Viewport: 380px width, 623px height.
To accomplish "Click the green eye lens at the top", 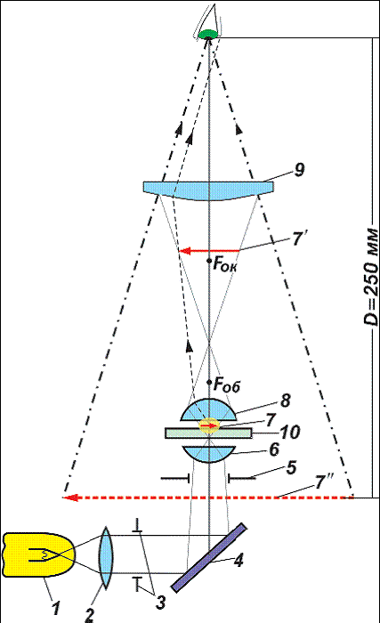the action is [x=208, y=34].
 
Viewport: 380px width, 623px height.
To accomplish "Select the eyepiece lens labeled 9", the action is [x=208, y=190].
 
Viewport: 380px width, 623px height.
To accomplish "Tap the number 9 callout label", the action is [x=299, y=170].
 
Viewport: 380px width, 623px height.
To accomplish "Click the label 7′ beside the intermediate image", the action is [x=298, y=239].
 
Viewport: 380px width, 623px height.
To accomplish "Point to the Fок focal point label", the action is [x=225, y=264].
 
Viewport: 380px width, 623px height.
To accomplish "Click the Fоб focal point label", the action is [x=227, y=385].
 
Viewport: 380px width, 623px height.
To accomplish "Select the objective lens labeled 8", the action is [x=208, y=409].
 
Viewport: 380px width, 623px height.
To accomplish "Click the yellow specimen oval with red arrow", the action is [x=209, y=425].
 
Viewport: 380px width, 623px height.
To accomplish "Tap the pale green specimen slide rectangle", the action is [x=208, y=433].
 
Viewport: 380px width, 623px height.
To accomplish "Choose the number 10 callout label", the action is [x=290, y=433].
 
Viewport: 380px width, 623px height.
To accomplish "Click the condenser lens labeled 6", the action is [x=207, y=454].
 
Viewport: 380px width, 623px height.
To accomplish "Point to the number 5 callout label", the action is [x=291, y=468].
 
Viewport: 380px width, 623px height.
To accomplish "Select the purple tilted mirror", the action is [x=209, y=557].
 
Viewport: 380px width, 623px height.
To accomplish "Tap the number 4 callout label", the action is [x=239, y=560].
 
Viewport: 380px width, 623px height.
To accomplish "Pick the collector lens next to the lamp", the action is [x=105, y=556].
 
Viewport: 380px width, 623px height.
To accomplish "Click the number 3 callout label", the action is [x=160, y=603].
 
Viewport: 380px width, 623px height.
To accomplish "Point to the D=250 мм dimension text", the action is [x=371, y=277].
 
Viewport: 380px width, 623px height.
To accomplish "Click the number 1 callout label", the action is [x=56, y=608].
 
